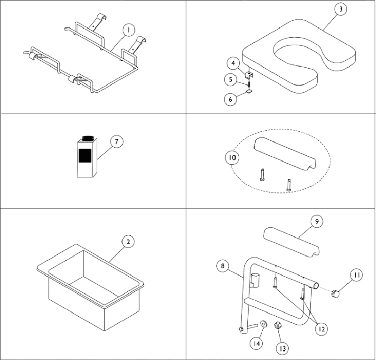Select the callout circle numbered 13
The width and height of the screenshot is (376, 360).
pos(282,349)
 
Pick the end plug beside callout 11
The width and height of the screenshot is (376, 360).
pos(336,295)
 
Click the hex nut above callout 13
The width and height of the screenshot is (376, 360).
pos(278,325)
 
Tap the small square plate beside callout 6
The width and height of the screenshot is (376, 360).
pos(250,92)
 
